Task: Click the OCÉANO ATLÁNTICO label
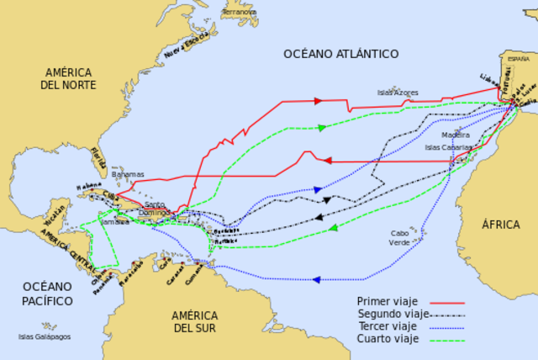tap(340, 54)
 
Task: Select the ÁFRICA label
tap(501, 225)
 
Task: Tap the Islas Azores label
tap(398, 92)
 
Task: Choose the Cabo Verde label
tap(400, 237)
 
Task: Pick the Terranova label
tap(240, 13)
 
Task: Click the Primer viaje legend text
tap(384, 301)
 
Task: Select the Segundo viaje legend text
tap(388, 314)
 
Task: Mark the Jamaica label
tap(115, 221)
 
